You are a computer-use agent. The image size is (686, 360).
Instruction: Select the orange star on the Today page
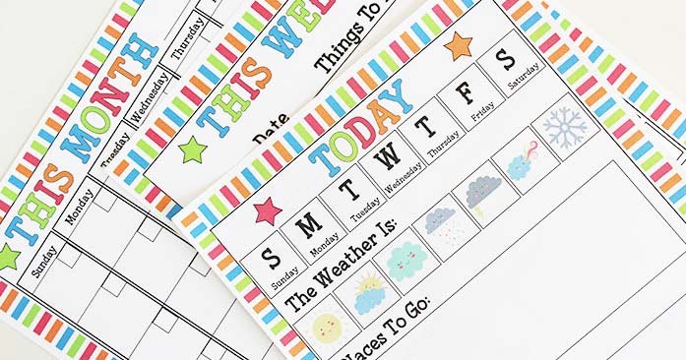(458, 44)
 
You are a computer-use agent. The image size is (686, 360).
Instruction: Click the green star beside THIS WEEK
(192, 150)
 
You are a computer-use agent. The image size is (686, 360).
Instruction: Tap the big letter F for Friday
(465, 94)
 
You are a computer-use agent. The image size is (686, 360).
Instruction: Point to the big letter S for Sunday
(270, 258)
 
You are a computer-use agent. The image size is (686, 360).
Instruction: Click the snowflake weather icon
(565, 127)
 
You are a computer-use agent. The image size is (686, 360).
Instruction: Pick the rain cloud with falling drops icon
(439, 223)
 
